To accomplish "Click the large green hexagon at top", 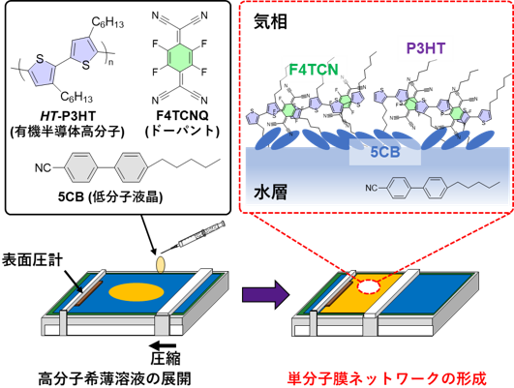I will tap(179, 57).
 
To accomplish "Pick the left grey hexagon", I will tap(81, 167).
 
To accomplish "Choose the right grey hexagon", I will tap(131, 167).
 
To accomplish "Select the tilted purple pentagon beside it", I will tap(84, 49).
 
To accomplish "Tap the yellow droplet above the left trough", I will tap(161, 263).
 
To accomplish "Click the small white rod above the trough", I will tap(188, 240).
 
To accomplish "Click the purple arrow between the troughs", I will tap(264, 294).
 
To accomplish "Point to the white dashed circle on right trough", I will tap(370, 285).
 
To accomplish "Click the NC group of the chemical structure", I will tap(373, 191).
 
